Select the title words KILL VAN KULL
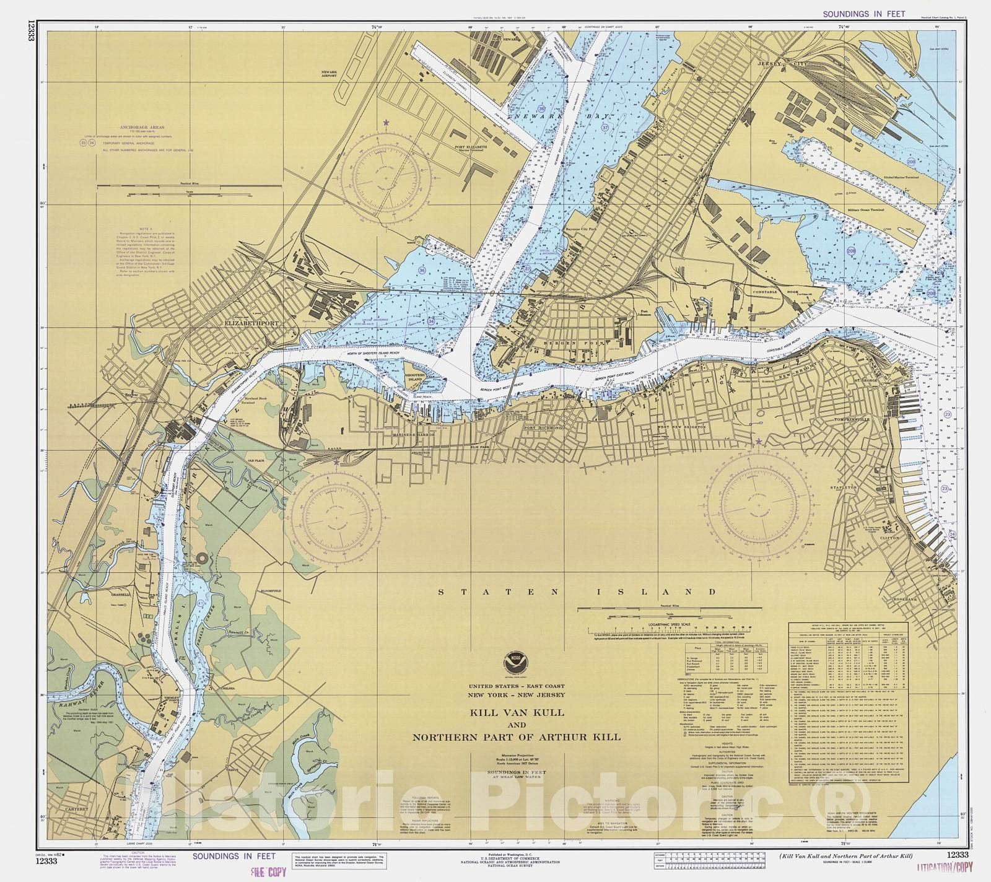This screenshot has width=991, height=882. (517, 712)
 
